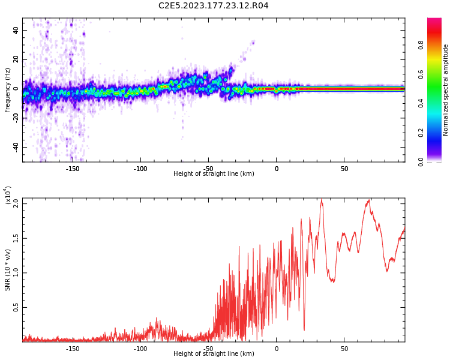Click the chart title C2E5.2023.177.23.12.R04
coord(213,6)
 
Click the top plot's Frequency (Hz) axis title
coord(8,89)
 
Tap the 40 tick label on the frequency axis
coord(16,30)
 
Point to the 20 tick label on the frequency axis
coord(16,59)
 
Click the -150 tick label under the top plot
coord(72,169)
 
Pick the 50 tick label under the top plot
coord(344,169)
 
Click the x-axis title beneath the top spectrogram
coord(214,174)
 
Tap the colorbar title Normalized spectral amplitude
coord(446,90)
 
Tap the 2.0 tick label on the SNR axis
coord(16,203)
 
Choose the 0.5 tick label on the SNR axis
coord(16,307)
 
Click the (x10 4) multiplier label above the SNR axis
coord(8,196)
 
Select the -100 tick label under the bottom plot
coord(140,349)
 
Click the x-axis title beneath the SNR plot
coord(214,354)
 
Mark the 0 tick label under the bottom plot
coord(277,349)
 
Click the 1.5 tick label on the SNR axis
coord(16,238)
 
